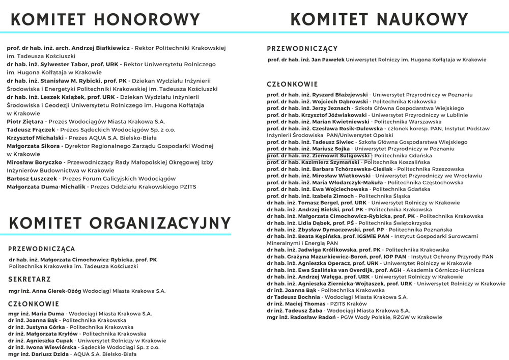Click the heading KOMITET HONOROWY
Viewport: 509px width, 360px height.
point(106,19)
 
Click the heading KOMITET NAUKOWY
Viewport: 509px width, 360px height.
point(379,19)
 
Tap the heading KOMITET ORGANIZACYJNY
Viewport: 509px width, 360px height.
point(120,223)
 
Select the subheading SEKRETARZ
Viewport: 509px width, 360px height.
point(30,280)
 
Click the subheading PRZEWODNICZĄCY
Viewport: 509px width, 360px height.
point(302,49)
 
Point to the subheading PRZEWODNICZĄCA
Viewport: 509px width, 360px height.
point(42,250)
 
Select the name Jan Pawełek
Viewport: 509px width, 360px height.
point(328,60)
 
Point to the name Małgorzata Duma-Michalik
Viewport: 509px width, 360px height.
point(46,187)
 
